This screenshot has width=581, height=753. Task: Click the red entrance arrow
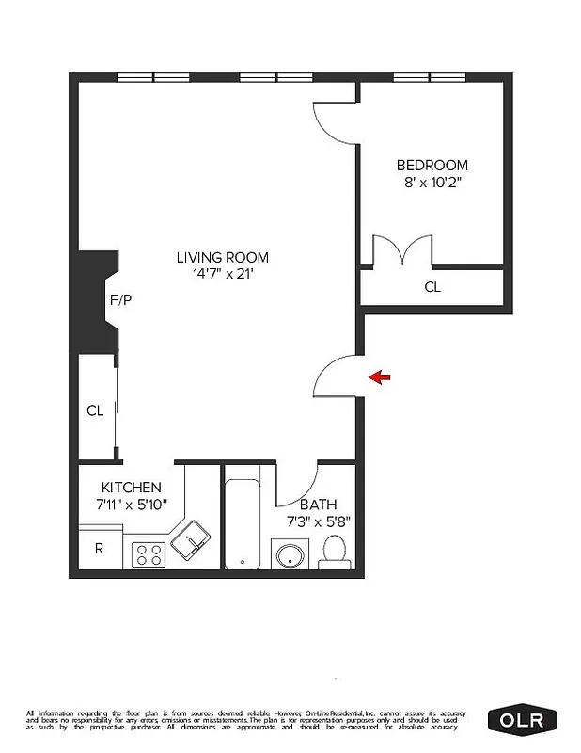tap(380, 377)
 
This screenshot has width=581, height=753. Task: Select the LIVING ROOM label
tap(223, 257)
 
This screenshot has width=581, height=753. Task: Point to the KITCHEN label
tap(132, 488)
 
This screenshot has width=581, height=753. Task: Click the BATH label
tap(318, 505)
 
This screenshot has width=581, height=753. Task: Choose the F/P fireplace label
tap(121, 301)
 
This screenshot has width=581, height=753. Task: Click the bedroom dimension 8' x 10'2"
tap(432, 182)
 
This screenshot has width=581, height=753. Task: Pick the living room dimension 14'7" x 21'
tap(223, 274)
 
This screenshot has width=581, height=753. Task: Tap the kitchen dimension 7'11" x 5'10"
tap(132, 504)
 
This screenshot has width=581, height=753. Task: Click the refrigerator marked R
tap(99, 549)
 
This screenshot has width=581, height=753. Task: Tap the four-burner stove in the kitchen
tap(148, 553)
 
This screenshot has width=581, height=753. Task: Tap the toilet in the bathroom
tap(334, 552)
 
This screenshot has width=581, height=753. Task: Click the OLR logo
tap(523, 721)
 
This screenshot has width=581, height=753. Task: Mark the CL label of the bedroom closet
tap(432, 287)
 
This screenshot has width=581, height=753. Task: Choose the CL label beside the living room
tap(95, 410)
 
